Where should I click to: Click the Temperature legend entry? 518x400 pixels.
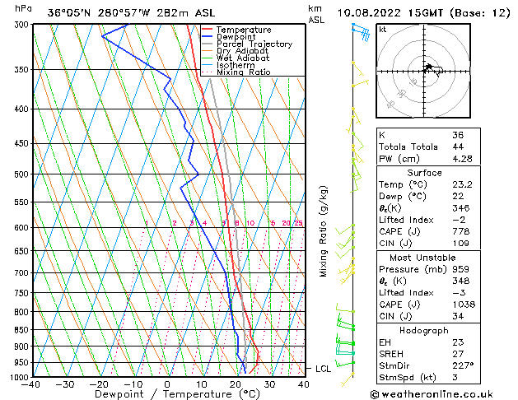pos(244,30)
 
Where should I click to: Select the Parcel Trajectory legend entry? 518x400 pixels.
pos(254,44)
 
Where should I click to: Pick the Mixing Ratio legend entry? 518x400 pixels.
pos(243,72)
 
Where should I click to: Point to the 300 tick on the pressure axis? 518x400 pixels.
pos(21,25)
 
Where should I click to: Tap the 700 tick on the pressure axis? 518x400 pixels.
pos(21,272)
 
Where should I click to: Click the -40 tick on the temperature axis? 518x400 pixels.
pos(31,384)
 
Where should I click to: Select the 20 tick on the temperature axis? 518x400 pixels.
pos(236,384)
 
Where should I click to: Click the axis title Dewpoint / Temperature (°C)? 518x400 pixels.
pos(167,394)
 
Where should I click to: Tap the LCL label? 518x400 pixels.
pos(324,369)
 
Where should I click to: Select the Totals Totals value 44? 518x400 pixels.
pos(457,147)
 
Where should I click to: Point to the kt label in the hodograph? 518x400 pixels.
pos(383,30)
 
